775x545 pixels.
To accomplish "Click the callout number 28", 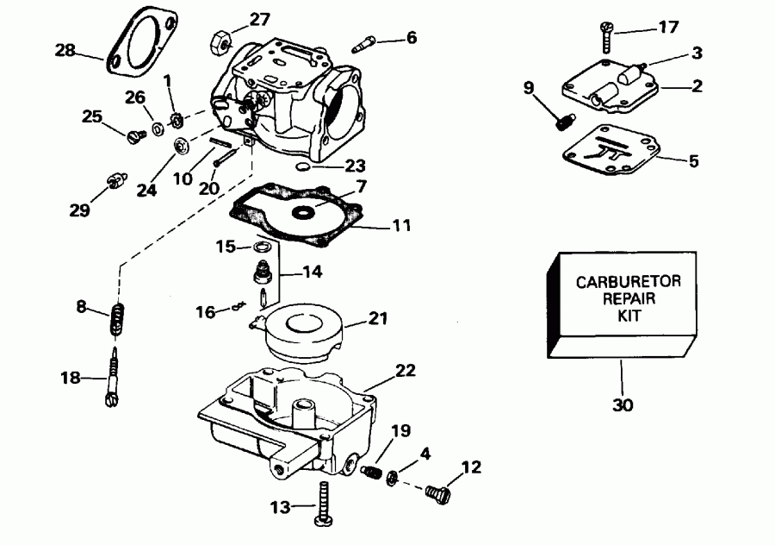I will click(65, 51).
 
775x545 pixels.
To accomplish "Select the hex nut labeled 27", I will click(219, 41).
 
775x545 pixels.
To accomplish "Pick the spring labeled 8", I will click(118, 322).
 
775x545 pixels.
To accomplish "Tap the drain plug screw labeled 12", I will click(438, 492).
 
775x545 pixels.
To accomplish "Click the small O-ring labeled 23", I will click(301, 164).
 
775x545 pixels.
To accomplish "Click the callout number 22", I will click(406, 371).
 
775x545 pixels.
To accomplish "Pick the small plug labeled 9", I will click(564, 123).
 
